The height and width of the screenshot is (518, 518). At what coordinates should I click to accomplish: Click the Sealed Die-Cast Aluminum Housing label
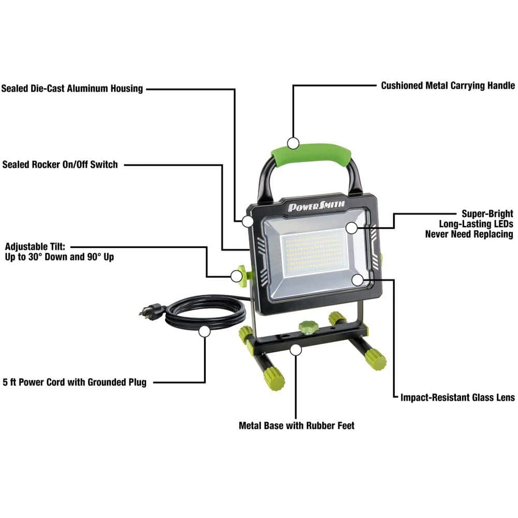coord(72,89)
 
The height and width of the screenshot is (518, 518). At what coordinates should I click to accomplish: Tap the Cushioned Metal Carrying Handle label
coord(448,85)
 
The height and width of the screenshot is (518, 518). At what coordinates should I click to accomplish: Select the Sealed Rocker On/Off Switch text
coord(60,165)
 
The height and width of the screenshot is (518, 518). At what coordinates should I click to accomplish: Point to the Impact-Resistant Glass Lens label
coord(457,397)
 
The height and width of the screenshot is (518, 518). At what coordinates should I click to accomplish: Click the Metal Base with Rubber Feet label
coord(296,425)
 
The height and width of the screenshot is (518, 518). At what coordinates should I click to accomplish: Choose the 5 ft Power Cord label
coord(75,382)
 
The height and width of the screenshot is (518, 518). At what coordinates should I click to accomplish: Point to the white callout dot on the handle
coord(294,143)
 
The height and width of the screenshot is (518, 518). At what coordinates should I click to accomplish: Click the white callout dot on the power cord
coord(205,331)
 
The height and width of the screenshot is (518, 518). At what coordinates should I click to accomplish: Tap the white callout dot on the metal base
coord(296,350)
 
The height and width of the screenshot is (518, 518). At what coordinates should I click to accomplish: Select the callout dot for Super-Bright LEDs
coord(352,227)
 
